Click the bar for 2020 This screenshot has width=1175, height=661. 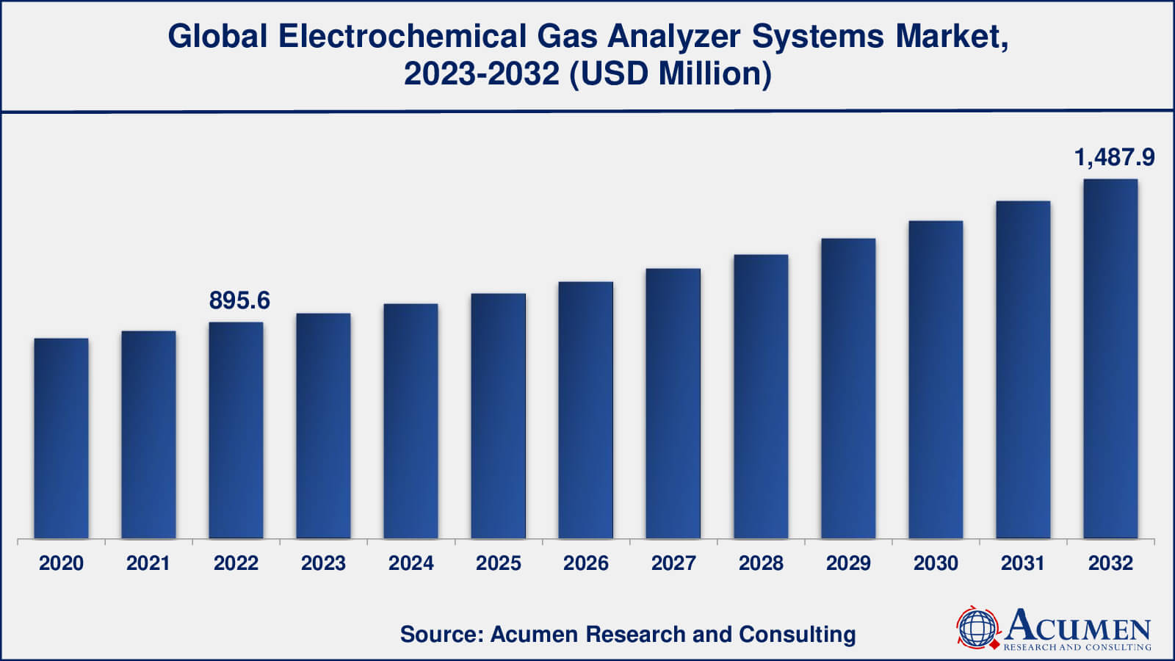click(x=61, y=438)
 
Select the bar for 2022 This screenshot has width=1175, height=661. click(x=236, y=430)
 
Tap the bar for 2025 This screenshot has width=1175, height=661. click(x=498, y=416)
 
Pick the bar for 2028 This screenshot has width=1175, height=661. click(x=761, y=397)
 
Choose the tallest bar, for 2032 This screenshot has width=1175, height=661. click(x=1110, y=359)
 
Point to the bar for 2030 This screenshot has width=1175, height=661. click(x=936, y=380)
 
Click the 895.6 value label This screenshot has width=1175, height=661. click(x=239, y=300)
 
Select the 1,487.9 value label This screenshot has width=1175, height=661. click(x=1114, y=157)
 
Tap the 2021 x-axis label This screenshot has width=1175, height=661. click(x=148, y=563)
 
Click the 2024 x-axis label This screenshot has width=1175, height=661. click(x=411, y=563)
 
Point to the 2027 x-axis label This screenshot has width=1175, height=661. click(x=673, y=563)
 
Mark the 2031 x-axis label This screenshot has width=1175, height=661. click(x=1023, y=563)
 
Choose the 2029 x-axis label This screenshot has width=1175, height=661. click(x=848, y=563)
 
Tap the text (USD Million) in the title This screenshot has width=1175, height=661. click(x=671, y=74)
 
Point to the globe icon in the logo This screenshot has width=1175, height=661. click(x=978, y=629)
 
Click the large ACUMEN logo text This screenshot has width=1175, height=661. click(x=1078, y=626)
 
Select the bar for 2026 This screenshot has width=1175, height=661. click(x=585, y=411)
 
